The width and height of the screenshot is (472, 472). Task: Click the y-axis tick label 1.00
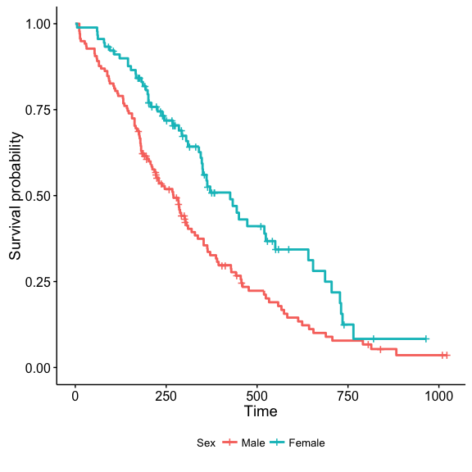click(38, 24)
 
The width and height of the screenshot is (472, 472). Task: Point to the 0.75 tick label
click(38, 110)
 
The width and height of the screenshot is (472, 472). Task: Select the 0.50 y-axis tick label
click(38, 196)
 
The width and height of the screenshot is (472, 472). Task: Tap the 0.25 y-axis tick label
click(38, 282)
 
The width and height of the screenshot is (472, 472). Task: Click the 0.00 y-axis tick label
click(38, 368)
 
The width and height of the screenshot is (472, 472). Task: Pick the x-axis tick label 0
click(75, 396)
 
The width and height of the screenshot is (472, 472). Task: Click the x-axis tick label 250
click(166, 396)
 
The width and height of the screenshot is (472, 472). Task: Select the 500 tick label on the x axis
click(256, 396)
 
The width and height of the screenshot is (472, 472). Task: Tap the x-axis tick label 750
click(347, 396)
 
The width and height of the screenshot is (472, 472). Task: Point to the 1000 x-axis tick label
click(438, 396)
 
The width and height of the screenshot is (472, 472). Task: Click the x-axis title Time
click(261, 411)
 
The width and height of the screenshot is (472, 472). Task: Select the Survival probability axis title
click(15, 196)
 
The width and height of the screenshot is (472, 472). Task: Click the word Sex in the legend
click(206, 442)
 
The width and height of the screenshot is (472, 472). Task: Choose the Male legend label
click(253, 442)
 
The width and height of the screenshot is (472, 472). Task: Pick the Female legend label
click(306, 442)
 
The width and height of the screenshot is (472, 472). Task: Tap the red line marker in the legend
click(229, 442)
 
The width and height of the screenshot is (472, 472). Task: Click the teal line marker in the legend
click(277, 442)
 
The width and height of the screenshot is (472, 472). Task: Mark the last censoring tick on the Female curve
click(426, 339)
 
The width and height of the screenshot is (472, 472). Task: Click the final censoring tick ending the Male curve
click(447, 355)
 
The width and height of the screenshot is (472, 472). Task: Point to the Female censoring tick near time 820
click(374, 339)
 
